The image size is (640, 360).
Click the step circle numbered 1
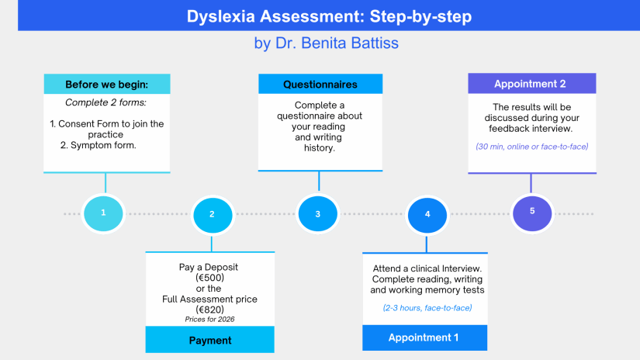tap(105, 212)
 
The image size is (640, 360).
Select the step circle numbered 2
tap(212, 214)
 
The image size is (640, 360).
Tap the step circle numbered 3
tap(318, 213)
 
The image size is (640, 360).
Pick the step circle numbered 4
tap(427, 214)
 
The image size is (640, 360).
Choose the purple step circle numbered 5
tap(532, 210)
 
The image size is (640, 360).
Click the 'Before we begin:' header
tap(106, 84)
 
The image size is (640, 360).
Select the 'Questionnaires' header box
tap(320, 84)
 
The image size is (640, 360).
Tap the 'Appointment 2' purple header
tap(531, 84)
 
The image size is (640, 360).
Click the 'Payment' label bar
tap(210, 340)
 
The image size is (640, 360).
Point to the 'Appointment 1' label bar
tap(424, 337)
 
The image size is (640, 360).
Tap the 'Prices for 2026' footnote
tap(209, 319)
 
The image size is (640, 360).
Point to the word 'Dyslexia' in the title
tap(222, 16)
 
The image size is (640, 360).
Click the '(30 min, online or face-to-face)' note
tap(532, 147)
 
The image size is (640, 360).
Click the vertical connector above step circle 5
tap(531, 182)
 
